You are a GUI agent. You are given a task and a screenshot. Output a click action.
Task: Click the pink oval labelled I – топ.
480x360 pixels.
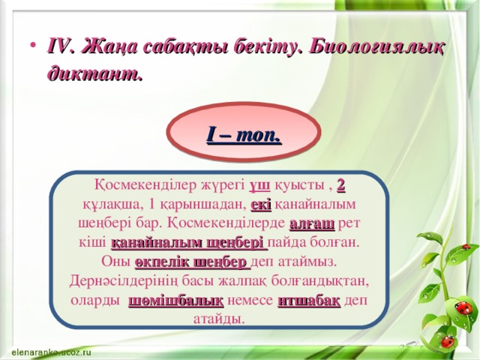(244, 136)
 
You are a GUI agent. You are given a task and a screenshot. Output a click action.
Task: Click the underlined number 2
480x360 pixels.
(340, 185)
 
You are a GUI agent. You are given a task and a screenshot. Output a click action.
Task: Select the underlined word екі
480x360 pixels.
(261, 204)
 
